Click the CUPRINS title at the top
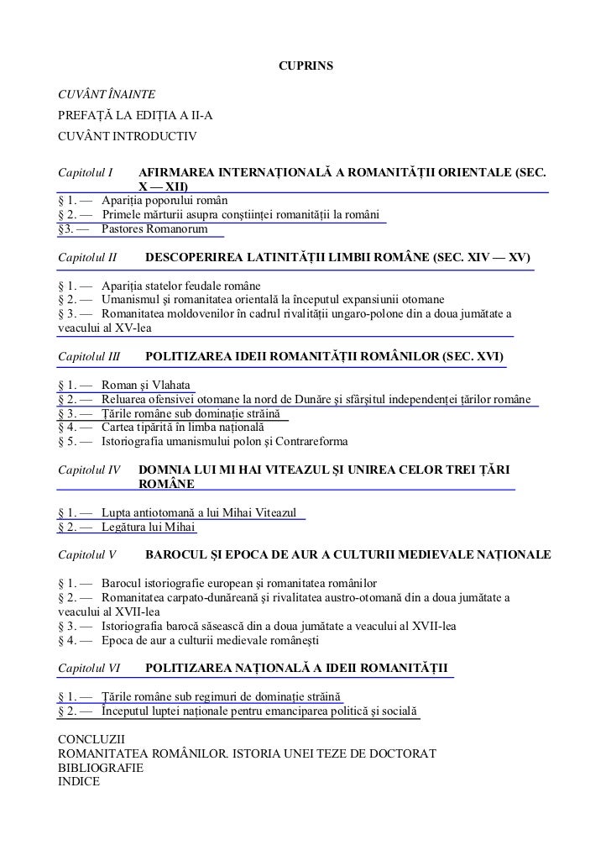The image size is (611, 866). (x=305, y=65)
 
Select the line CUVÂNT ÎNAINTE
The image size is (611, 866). (x=106, y=91)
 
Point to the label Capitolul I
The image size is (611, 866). (x=86, y=173)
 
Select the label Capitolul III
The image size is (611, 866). (x=89, y=357)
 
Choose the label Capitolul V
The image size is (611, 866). (x=87, y=555)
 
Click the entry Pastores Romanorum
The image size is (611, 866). (x=156, y=228)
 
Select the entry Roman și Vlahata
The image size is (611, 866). (x=146, y=385)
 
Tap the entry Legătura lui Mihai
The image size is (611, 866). (x=149, y=527)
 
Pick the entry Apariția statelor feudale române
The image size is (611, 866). (x=181, y=285)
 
